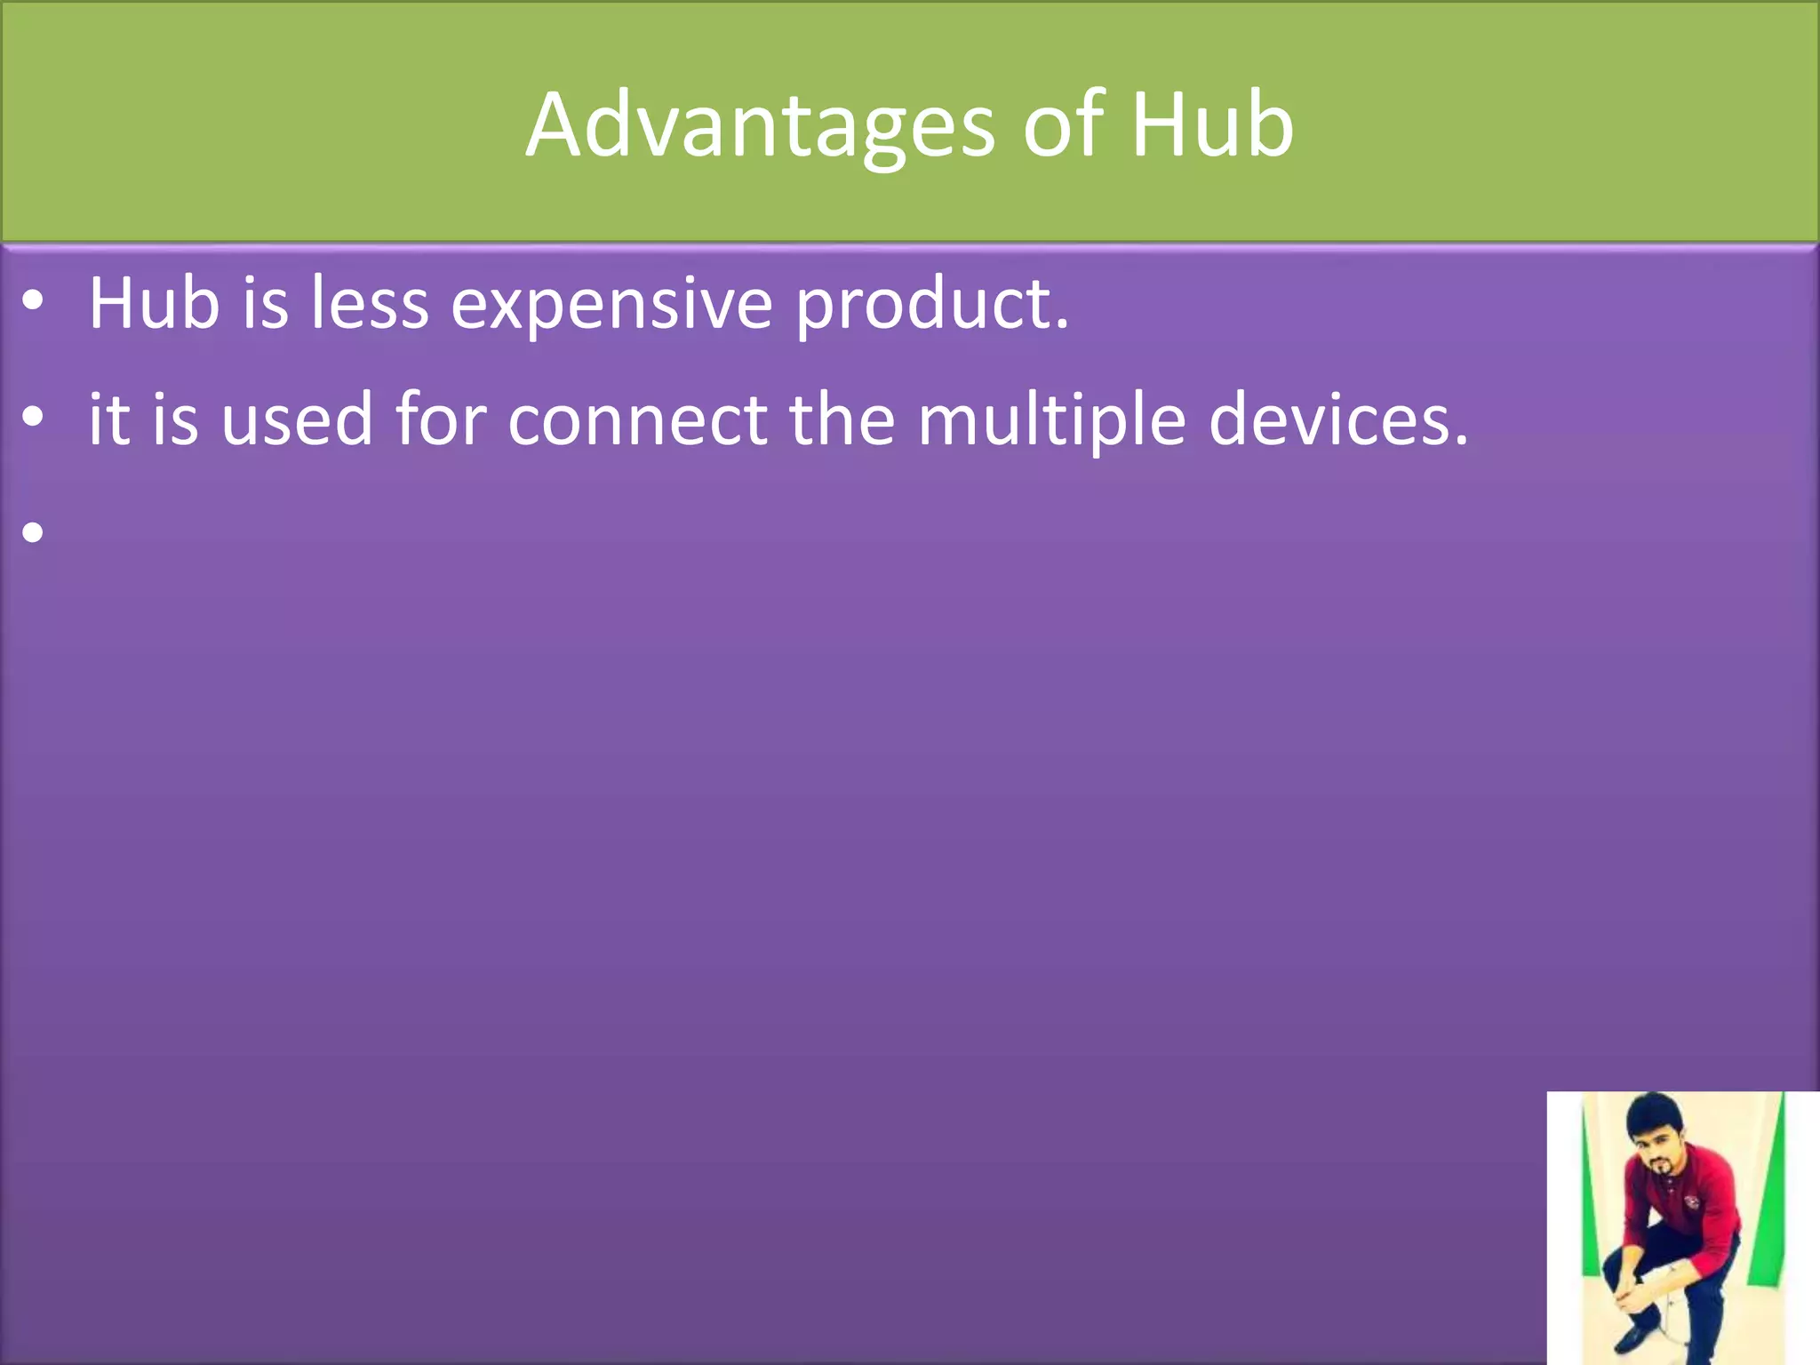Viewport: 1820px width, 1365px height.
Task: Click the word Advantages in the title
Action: tap(760, 126)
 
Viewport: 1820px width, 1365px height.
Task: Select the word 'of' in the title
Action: tap(1064, 126)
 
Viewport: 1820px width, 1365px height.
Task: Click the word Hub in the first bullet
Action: tap(154, 304)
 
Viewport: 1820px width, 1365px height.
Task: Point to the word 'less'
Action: tap(370, 304)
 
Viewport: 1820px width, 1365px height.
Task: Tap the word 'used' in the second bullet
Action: tap(297, 419)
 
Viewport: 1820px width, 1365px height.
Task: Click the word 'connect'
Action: tap(637, 419)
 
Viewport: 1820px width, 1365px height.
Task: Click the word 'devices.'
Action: tap(1338, 419)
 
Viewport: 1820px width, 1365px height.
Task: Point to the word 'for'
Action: tap(441, 419)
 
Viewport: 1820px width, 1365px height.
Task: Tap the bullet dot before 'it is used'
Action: tap(33, 418)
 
